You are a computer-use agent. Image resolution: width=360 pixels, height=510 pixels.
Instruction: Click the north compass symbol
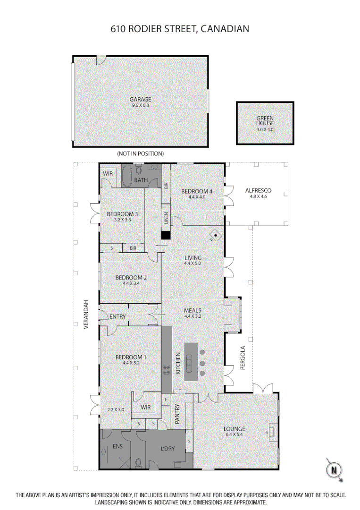[334, 469]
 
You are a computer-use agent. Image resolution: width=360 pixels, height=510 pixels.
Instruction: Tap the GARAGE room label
[141, 99]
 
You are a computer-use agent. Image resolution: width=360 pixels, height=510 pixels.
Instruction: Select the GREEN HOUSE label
[265, 121]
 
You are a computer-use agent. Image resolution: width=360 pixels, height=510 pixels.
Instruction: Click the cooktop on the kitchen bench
[167, 370]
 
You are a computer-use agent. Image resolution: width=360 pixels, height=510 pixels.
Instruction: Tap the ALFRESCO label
[258, 191]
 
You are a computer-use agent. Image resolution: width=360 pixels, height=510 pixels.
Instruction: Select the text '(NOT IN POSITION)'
[140, 154]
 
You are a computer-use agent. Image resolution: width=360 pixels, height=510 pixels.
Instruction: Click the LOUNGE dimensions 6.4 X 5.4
[234, 435]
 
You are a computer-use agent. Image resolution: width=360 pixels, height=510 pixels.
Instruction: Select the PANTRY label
[178, 414]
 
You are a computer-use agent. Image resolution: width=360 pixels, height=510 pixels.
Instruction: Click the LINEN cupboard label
[166, 219]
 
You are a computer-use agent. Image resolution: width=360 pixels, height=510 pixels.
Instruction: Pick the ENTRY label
[117, 316]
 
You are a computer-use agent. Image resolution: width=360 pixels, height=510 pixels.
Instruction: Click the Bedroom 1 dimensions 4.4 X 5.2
[131, 363]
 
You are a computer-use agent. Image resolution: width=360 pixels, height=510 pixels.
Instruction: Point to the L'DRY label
[168, 449]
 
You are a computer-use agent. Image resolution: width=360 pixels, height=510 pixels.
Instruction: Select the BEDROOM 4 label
[197, 191]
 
